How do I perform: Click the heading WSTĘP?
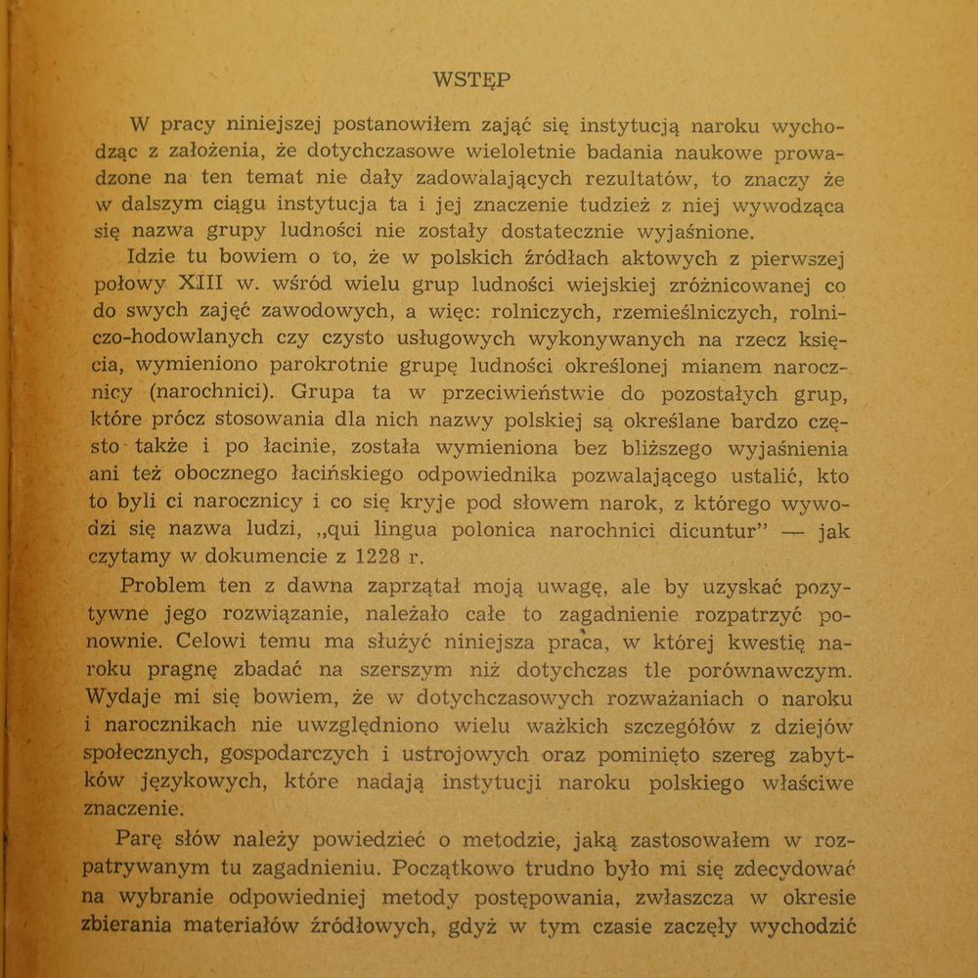click(470, 80)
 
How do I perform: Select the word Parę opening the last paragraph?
click(145, 839)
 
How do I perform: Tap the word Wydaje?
click(120, 698)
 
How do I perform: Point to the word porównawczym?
click(763, 671)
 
